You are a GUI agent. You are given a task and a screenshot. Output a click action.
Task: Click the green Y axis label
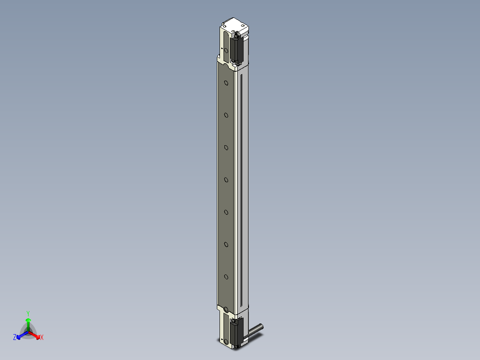(28, 313)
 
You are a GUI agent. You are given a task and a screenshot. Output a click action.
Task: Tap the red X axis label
(42, 338)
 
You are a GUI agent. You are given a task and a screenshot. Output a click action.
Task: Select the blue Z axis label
(15, 337)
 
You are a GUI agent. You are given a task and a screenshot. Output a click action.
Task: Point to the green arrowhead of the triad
(28, 320)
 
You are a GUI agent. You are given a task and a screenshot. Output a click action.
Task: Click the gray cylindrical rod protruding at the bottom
(256, 330)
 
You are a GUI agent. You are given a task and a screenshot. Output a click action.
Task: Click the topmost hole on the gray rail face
(226, 83)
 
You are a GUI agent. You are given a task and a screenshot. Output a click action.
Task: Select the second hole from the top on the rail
(226, 115)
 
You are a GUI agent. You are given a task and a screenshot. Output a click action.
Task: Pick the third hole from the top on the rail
(226, 147)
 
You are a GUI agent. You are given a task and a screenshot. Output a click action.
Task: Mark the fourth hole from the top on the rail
(226, 180)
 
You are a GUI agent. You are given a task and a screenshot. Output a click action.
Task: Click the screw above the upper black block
(237, 34)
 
